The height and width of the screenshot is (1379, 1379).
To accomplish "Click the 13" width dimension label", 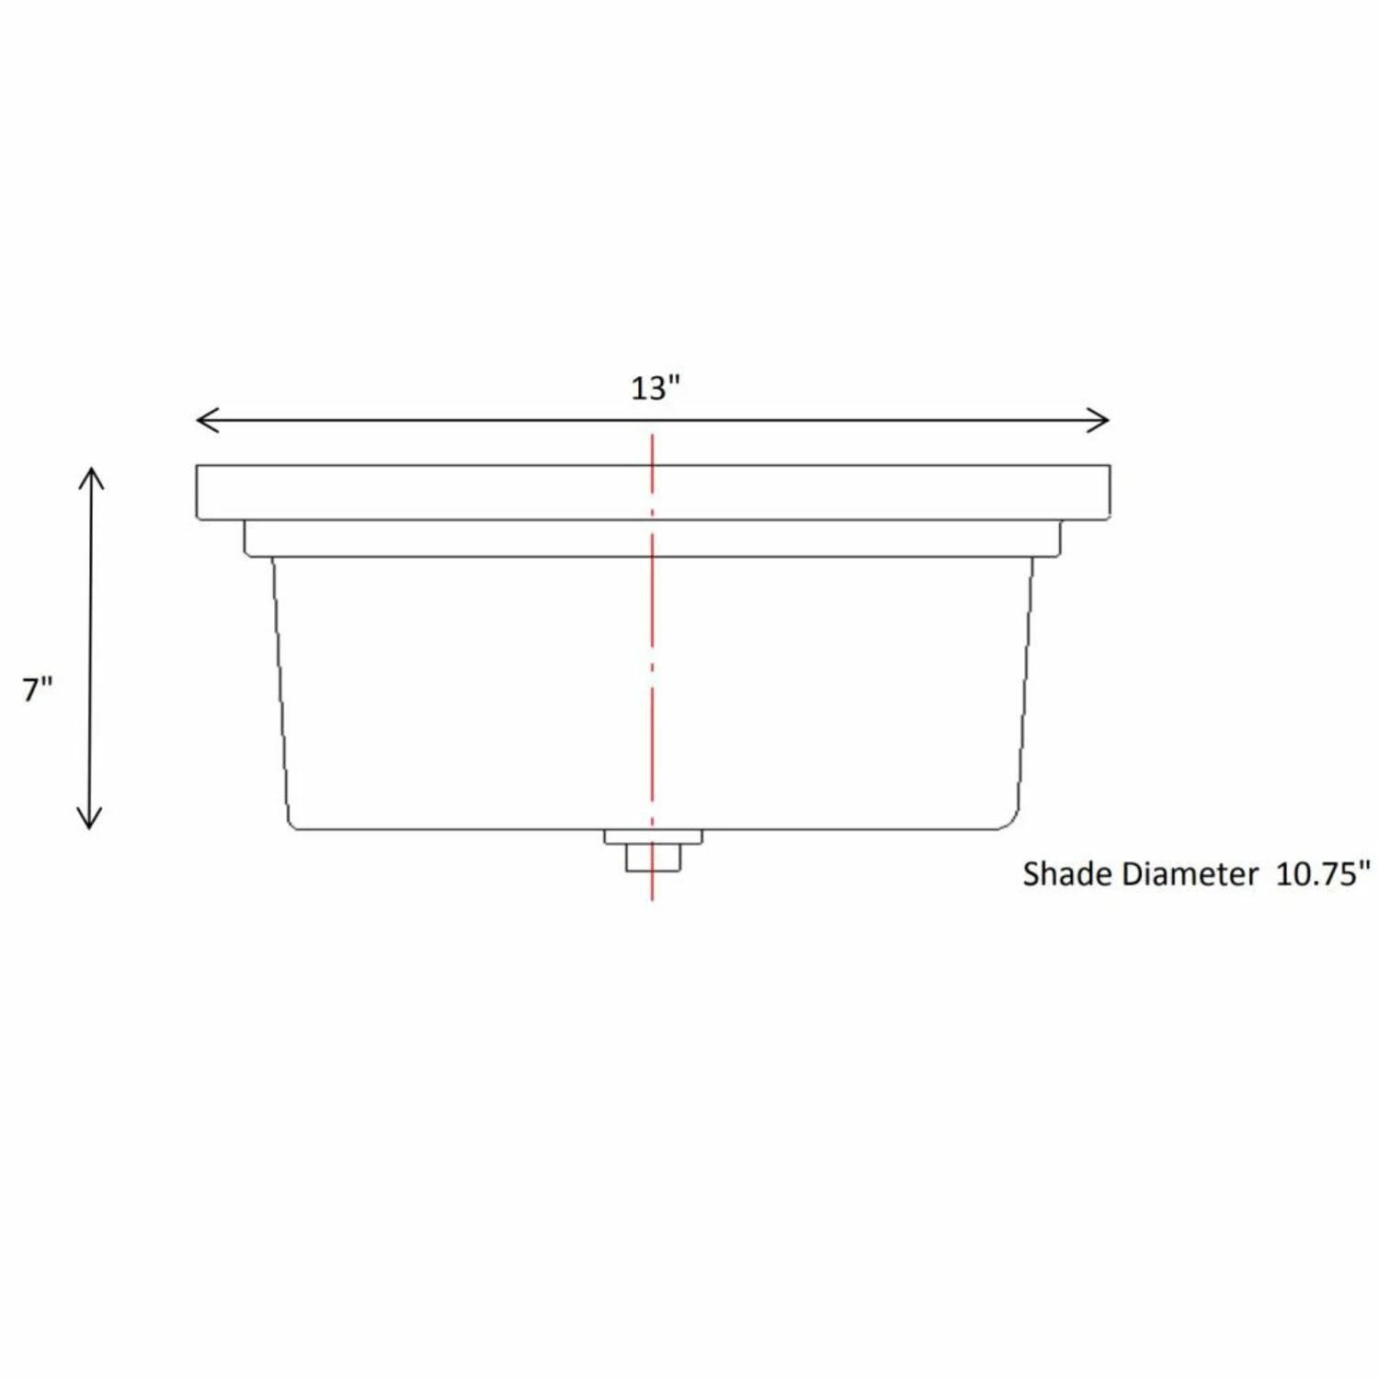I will pos(654,389).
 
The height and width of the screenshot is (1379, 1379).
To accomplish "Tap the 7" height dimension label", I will pos(38,689).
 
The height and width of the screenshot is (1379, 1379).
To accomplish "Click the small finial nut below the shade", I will pos(653,858).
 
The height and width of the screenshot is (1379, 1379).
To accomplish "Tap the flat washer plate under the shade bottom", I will pos(653,837).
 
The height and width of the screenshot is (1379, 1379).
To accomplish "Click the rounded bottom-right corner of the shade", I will pos(1009,821).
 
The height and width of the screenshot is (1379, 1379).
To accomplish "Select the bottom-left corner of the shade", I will pos(292,824).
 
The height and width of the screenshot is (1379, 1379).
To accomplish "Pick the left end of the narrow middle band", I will pos(246,539).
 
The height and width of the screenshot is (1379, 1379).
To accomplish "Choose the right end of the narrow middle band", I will pos(1058,539).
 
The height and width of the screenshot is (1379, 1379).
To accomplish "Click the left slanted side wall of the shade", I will pos(281,689).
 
